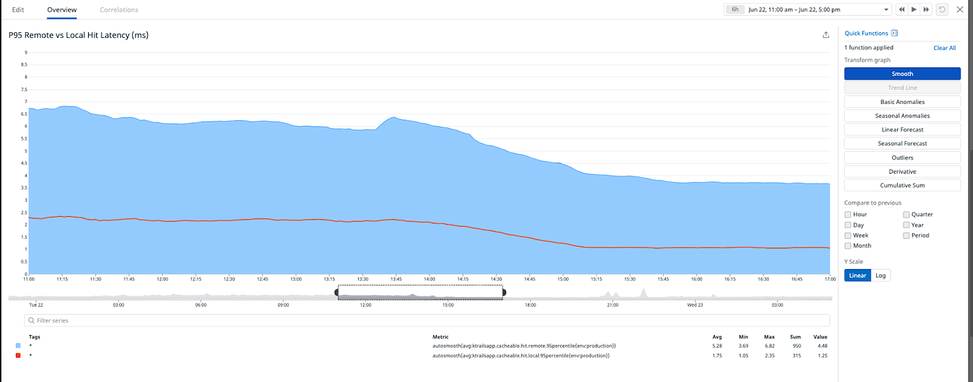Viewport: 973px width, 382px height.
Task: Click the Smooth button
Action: click(902, 74)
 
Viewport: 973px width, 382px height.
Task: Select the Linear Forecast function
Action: click(902, 129)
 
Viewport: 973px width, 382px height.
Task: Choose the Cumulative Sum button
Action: click(902, 185)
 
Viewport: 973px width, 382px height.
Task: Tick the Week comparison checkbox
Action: click(848, 235)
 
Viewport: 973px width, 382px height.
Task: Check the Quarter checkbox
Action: click(906, 215)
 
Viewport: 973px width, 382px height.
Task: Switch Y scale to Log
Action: click(881, 275)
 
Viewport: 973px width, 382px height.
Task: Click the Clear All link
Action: click(944, 48)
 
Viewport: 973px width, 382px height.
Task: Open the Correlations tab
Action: click(119, 10)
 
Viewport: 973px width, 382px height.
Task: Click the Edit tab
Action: click(18, 10)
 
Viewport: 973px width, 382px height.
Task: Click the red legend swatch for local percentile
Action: click(18, 356)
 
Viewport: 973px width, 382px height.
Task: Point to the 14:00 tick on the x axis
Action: click(429, 279)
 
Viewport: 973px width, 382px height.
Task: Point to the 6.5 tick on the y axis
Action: click(26, 114)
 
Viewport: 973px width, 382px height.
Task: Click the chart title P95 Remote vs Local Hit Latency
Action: click(78, 35)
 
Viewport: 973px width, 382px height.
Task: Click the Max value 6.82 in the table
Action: click(770, 346)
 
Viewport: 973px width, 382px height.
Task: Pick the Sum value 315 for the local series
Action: click(795, 356)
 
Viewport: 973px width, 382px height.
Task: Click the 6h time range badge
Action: click(735, 10)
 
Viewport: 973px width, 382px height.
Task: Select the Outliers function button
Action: click(902, 157)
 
